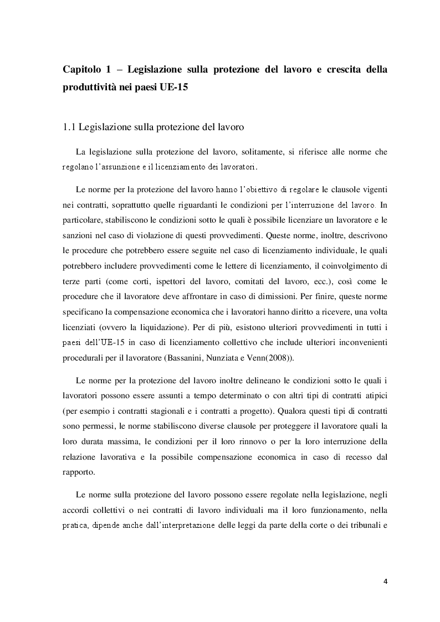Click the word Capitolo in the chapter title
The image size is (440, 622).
click(x=83, y=70)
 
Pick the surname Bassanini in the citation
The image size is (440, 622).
click(x=188, y=358)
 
